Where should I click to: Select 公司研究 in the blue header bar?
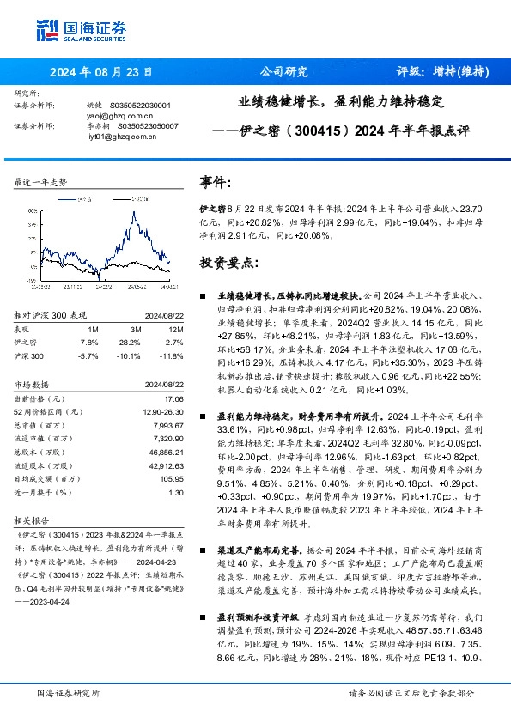283,72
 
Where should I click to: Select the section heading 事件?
216,182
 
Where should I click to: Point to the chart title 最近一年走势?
40,183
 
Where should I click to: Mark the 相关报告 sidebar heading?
35,521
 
